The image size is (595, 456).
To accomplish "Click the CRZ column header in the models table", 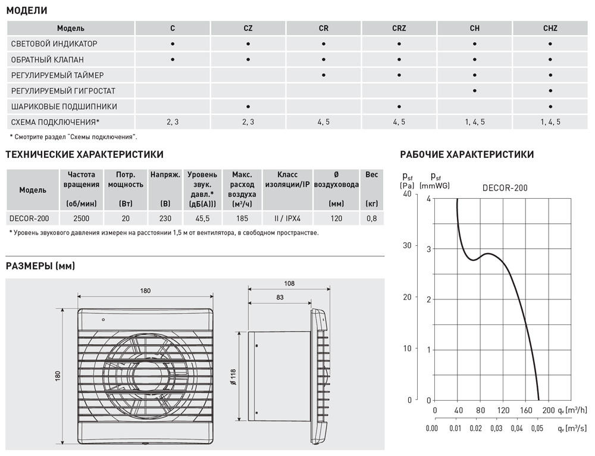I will pos(399,28).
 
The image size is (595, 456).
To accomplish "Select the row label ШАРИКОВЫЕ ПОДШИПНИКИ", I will pos(64,107).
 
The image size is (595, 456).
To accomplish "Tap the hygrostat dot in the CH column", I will pos(474,91).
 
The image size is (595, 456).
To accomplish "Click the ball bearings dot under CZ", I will pos(248,107).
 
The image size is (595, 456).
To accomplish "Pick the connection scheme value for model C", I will pos(173,122).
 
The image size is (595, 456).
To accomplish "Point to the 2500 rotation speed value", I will pos(82,218).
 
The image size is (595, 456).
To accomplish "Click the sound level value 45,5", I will pos(202,218).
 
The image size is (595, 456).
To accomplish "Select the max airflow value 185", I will pos(242,218).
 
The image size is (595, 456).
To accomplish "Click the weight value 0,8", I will pos(372,218).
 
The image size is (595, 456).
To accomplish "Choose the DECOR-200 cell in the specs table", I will pos(30,218).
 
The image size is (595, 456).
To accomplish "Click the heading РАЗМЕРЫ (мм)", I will pos(40,266).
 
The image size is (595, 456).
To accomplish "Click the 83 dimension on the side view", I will pos(279,297).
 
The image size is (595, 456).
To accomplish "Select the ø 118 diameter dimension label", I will pos(233,376).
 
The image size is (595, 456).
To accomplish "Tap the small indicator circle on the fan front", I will pos(104,320).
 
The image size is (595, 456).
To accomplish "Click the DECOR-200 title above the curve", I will pos(505,188).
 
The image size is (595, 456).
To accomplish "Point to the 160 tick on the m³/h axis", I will pos(525,411).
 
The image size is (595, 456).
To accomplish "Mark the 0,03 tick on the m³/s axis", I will pos(497,428).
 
